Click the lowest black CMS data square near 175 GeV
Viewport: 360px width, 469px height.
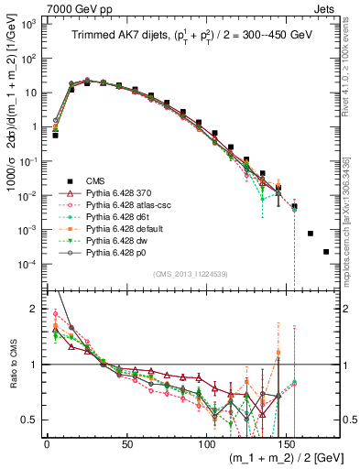tap(326, 251)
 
